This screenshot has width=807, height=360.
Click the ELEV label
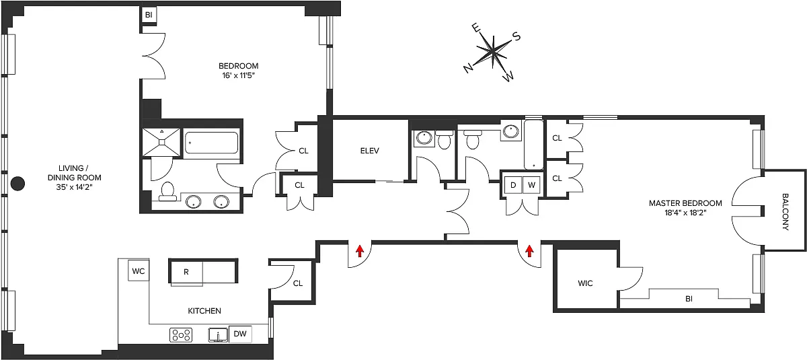click(x=370, y=151)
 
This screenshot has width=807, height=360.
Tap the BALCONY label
click(x=785, y=211)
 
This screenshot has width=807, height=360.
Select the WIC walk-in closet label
click(x=585, y=283)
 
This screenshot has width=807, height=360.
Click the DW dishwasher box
click(x=240, y=334)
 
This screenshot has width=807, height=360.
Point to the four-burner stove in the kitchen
click(x=181, y=335)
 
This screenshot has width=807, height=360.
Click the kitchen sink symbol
click(x=219, y=335)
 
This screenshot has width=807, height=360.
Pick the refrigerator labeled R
click(x=186, y=272)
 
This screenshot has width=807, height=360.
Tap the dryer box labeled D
click(x=513, y=185)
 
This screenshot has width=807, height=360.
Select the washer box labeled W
click(x=531, y=185)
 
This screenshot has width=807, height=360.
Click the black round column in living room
click(x=17, y=184)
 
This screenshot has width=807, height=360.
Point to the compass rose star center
click(x=492, y=51)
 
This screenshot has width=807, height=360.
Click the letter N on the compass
click(x=468, y=69)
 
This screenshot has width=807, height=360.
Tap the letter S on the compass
click(x=516, y=36)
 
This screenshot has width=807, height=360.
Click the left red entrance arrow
click(x=360, y=251)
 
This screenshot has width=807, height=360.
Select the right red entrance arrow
click(x=529, y=251)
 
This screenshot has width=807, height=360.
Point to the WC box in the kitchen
click(x=139, y=271)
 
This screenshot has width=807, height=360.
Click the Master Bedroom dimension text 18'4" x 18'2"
click(x=685, y=213)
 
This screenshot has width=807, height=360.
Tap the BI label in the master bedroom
click(x=689, y=299)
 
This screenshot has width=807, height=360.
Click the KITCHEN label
click(x=204, y=311)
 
